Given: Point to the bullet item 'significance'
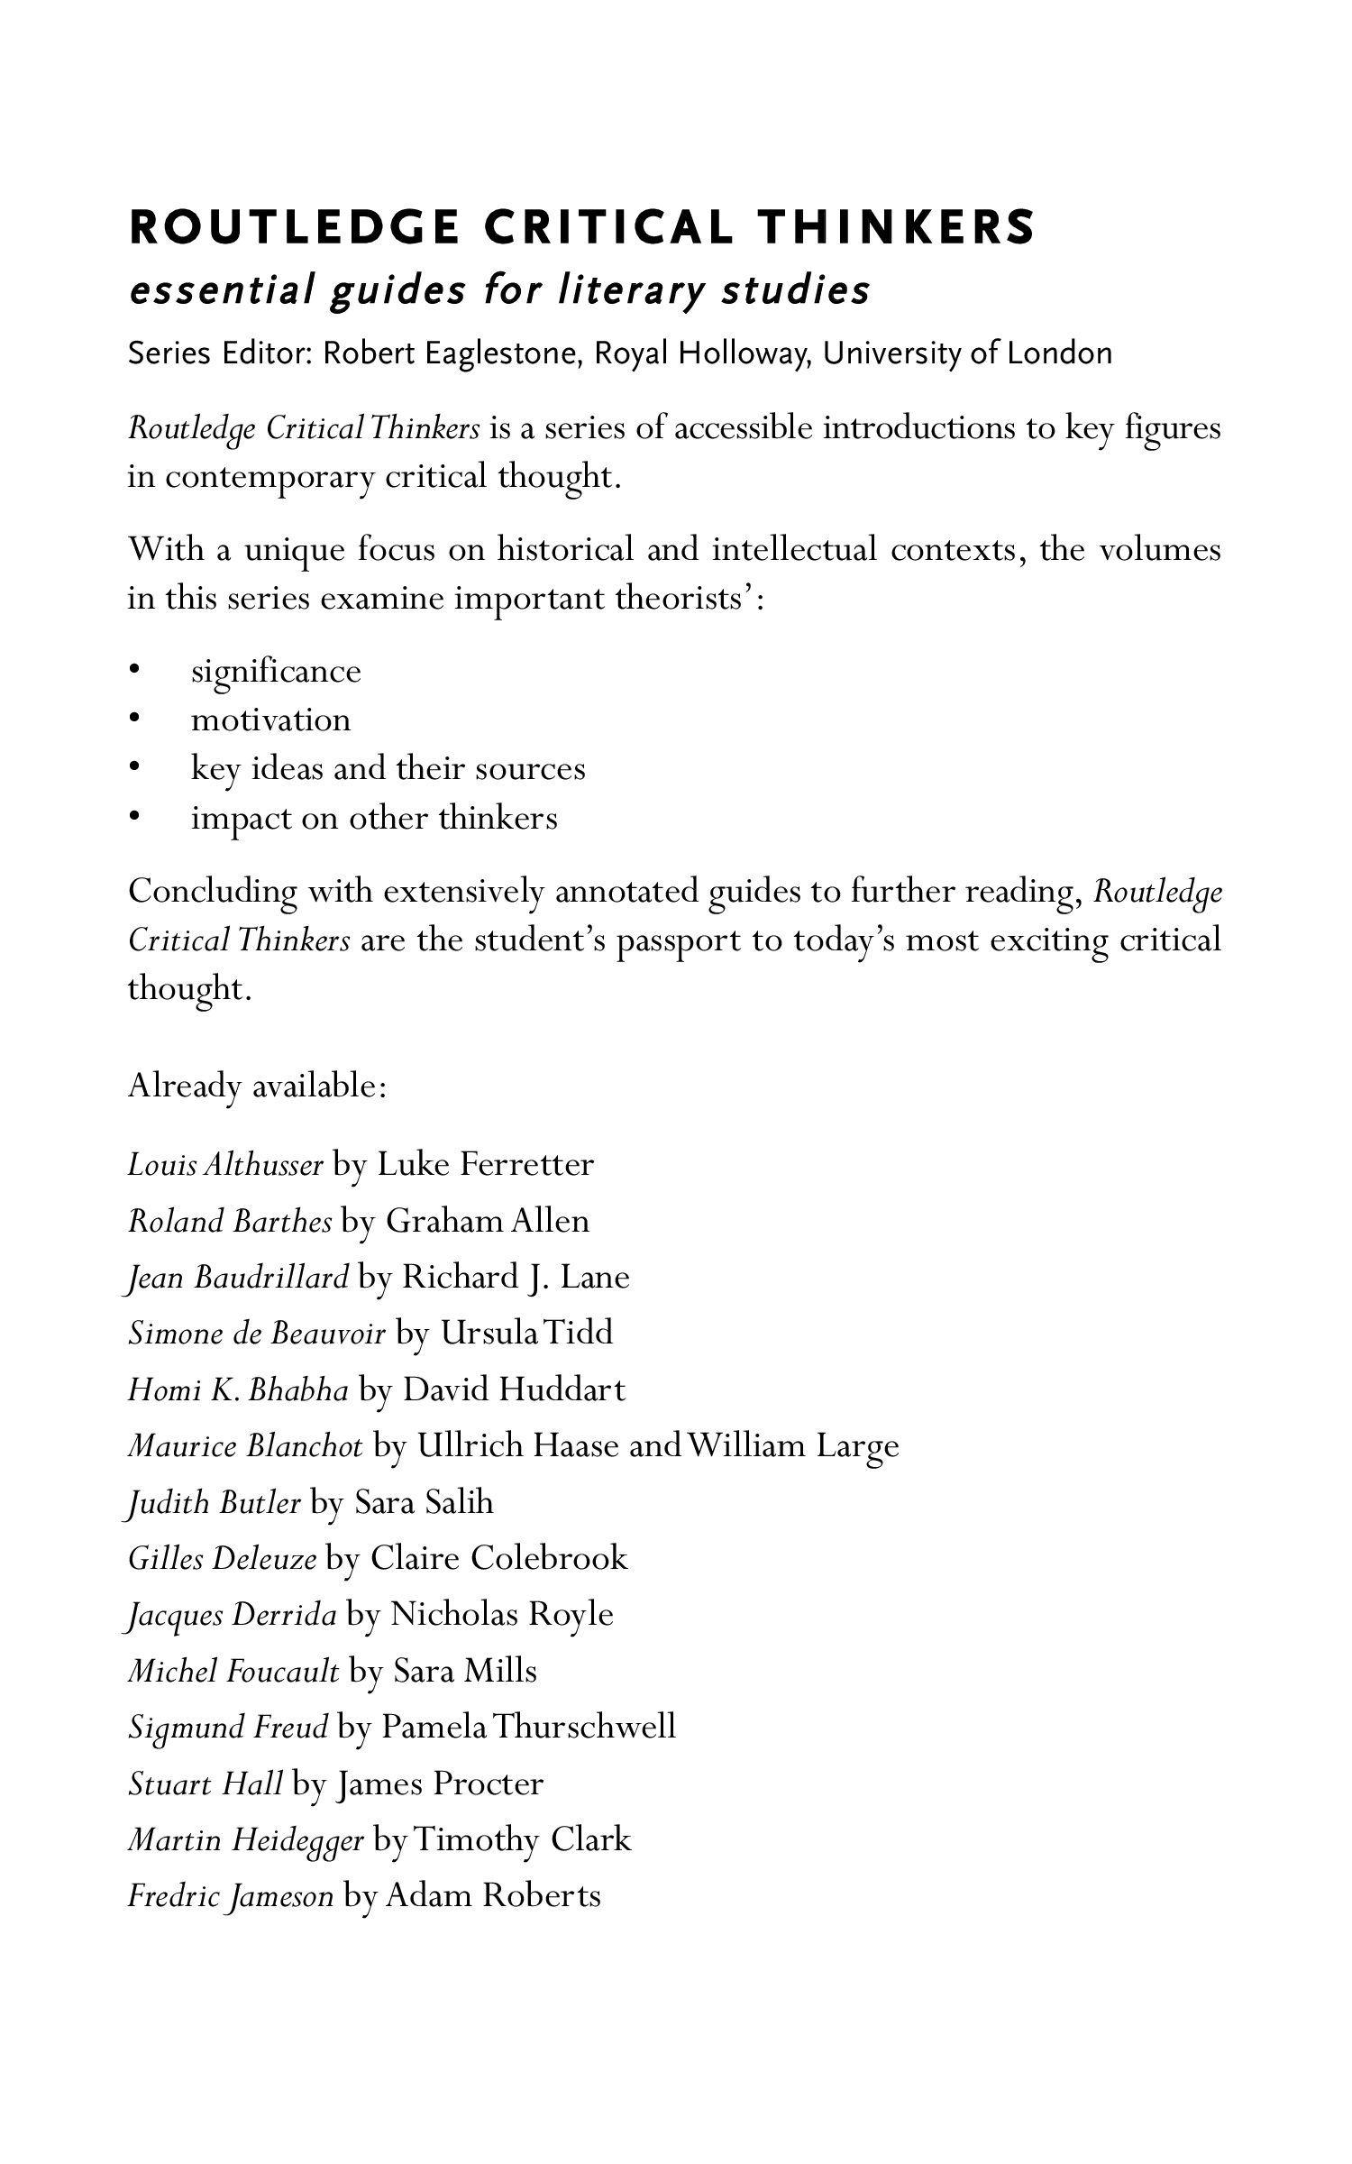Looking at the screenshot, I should (x=276, y=672).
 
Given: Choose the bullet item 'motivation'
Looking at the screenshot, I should (x=270, y=720).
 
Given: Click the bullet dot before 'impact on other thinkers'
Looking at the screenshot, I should (x=134, y=818).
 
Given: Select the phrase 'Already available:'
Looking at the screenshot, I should (x=257, y=1086).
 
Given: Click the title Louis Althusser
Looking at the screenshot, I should (x=225, y=1165).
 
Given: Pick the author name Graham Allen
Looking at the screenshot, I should (x=488, y=1221).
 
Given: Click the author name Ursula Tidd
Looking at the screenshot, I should (x=526, y=1334).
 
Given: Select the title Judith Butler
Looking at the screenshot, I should (x=215, y=1503).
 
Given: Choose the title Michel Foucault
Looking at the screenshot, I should (x=233, y=1672).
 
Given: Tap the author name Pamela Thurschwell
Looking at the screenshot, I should (x=528, y=1728).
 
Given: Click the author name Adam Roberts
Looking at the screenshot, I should (x=493, y=1896).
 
